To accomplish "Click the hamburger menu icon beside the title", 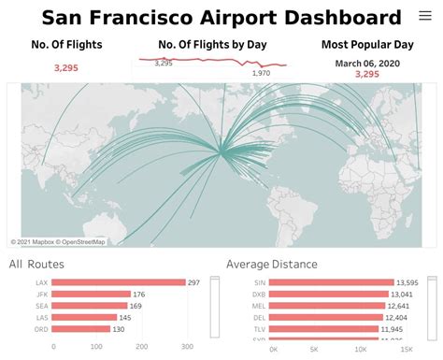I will (422, 17).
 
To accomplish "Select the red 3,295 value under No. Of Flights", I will (66, 68).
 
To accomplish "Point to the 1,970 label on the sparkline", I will (261, 73).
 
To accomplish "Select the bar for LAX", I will (125, 282).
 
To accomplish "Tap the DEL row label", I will (259, 317).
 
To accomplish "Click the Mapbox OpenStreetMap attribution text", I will (58, 241).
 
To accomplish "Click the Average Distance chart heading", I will (271, 265).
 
